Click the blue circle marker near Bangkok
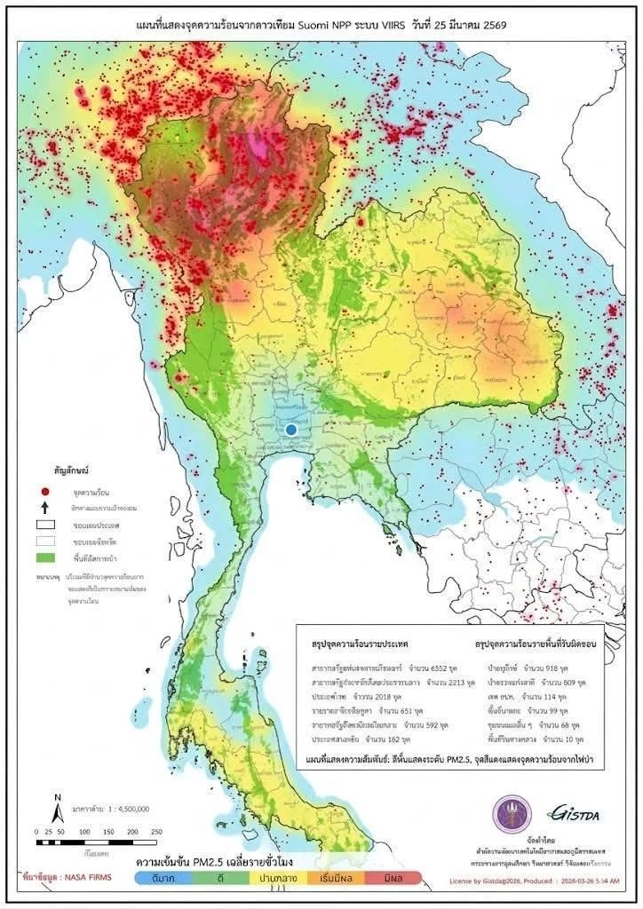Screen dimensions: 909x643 pos(291,430)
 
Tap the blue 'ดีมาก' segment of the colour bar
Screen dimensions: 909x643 pos(163,878)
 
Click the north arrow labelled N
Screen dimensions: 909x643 pos(56,807)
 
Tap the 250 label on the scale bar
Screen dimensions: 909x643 pos(156,831)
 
